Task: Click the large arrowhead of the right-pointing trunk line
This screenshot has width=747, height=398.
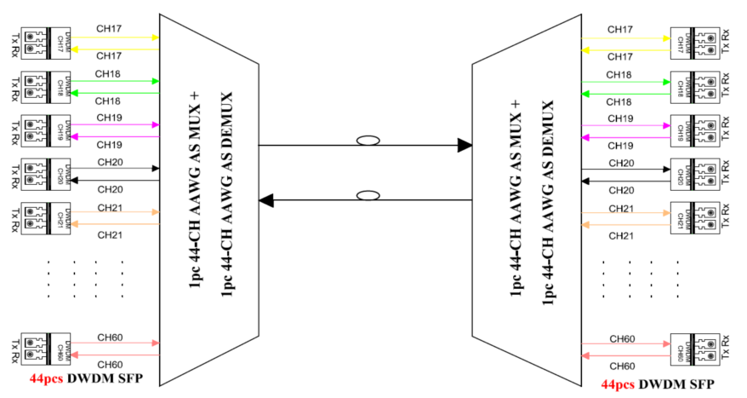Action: [x=464, y=146]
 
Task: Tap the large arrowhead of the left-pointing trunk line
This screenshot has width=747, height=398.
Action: [x=266, y=201]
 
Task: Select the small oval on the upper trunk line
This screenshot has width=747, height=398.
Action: [x=368, y=141]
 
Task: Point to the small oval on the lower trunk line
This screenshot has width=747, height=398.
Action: [x=368, y=196]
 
